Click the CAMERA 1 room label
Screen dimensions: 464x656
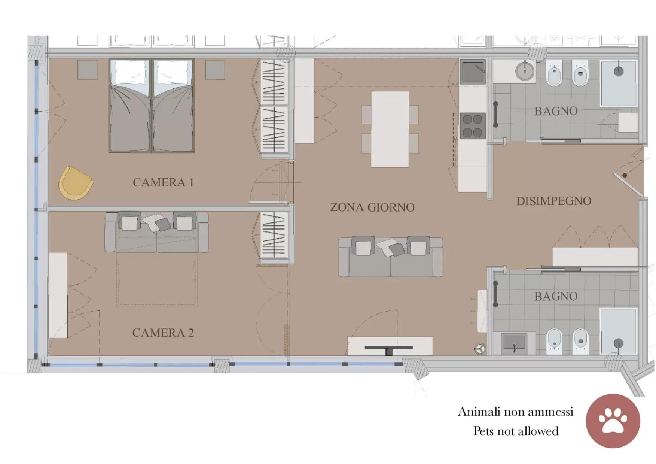pos(163,182)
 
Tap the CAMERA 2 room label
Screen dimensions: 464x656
pos(163,333)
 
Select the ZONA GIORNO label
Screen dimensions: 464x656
pos(372,207)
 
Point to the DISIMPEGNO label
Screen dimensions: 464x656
pos(554,201)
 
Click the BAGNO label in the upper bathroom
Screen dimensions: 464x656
pos(556,111)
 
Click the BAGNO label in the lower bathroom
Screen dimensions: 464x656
pos(556,296)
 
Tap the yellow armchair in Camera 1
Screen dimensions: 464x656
pos(76,183)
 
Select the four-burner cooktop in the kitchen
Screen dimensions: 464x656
pos(473,126)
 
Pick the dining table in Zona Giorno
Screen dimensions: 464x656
pos(390,129)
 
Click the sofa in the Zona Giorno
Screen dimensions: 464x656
pos(390,257)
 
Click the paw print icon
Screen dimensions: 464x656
pos(613,421)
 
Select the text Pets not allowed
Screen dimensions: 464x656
pos(516,431)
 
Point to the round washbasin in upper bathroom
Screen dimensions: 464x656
pos(525,71)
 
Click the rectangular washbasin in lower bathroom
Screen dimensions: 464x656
pos(514,342)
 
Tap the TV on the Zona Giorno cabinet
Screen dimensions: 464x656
pos(389,348)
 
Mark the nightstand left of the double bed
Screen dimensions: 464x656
pos(87,70)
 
